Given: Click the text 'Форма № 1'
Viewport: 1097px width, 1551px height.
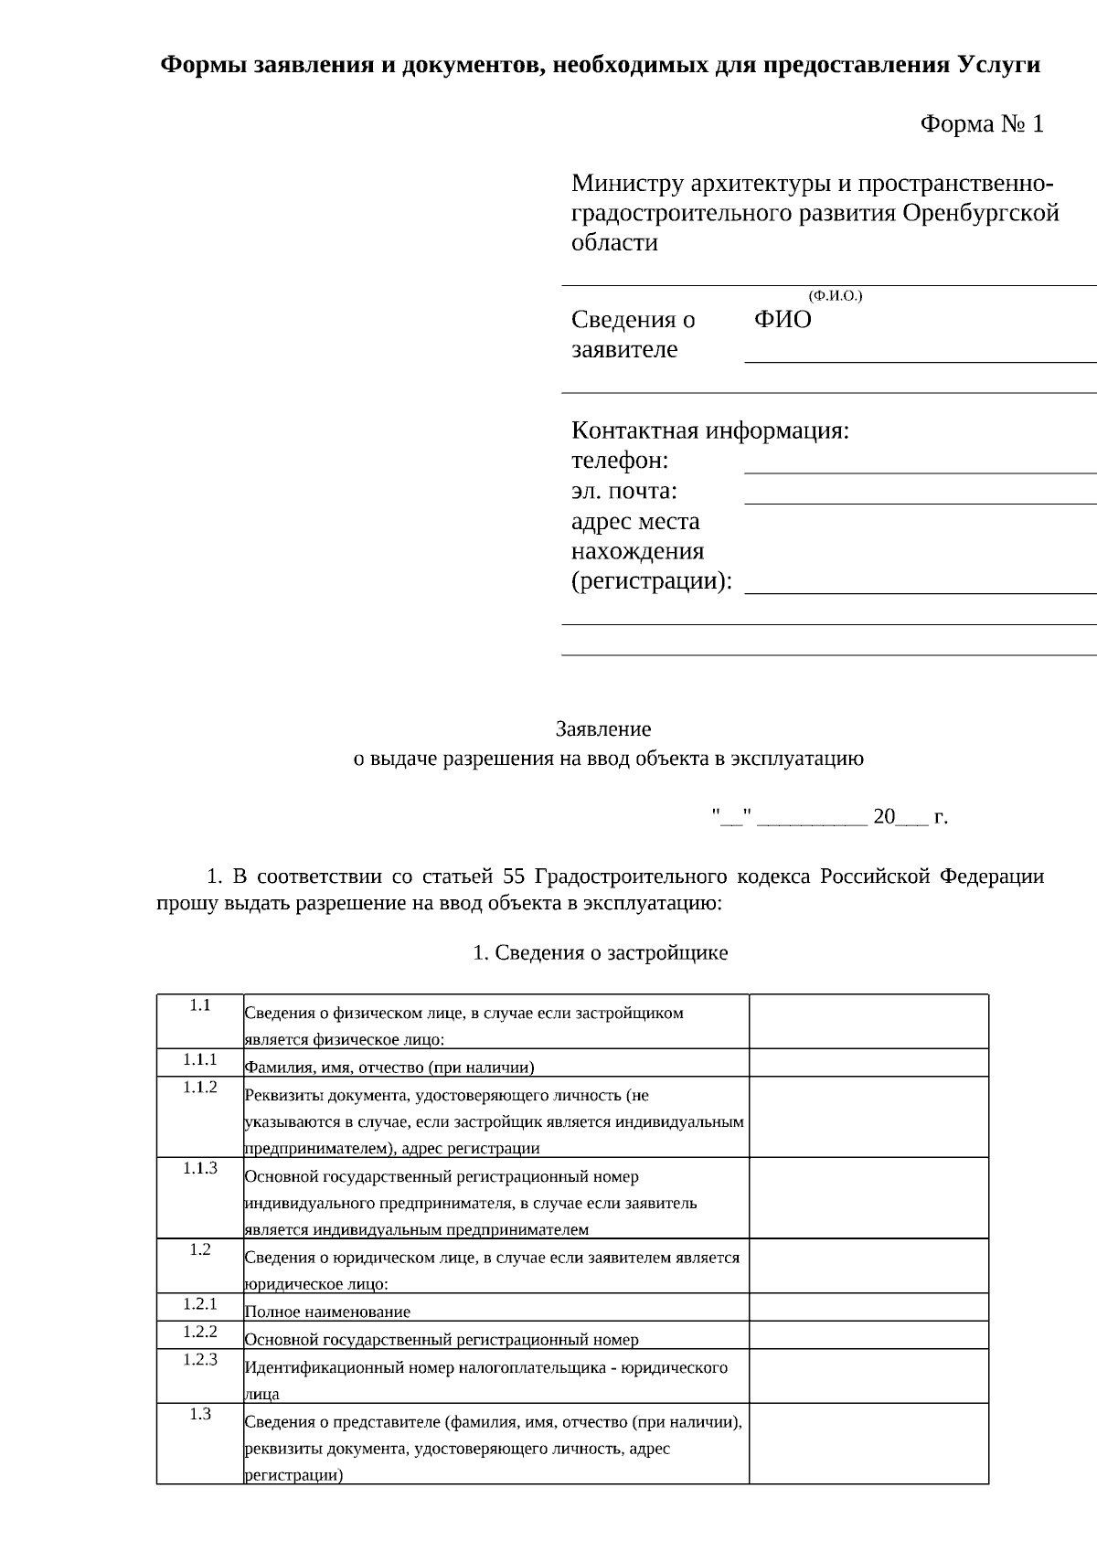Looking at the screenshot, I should pos(981,124).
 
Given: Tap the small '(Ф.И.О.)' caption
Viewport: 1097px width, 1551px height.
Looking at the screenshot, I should pos(836,295).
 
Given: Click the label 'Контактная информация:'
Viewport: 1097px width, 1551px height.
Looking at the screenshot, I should pos(710,430).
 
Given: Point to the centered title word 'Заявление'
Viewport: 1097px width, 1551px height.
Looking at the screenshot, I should pos(603,728).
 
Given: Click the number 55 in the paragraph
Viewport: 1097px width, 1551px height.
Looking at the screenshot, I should pos(514,876).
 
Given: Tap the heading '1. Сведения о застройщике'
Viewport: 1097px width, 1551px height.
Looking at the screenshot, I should pos(601,952).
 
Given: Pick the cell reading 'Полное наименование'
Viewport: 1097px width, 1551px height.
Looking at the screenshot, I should pos(327,1312).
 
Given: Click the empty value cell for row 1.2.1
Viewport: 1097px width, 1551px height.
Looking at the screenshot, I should pos(868,1307).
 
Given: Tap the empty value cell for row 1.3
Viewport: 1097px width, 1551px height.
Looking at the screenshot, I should pos(868,1443).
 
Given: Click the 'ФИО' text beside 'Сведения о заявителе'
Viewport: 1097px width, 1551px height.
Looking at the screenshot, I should pos(783,320).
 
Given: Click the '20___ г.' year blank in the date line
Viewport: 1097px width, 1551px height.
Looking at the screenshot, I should pos(911,817).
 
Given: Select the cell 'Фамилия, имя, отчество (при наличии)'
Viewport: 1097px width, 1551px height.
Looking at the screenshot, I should pos(389,1067).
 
